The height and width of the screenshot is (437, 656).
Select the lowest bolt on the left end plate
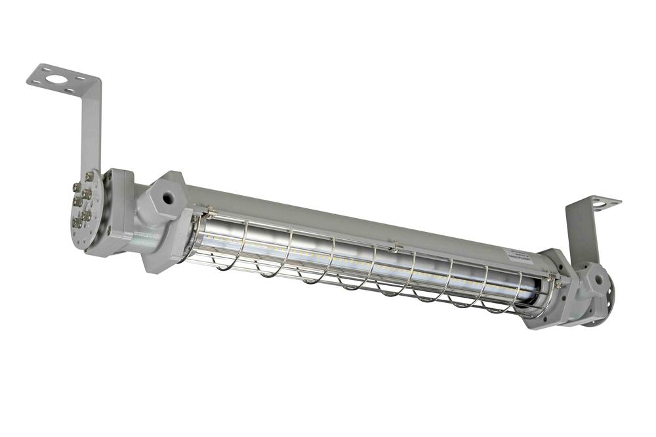pyautogui.click(x=77, y=224)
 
